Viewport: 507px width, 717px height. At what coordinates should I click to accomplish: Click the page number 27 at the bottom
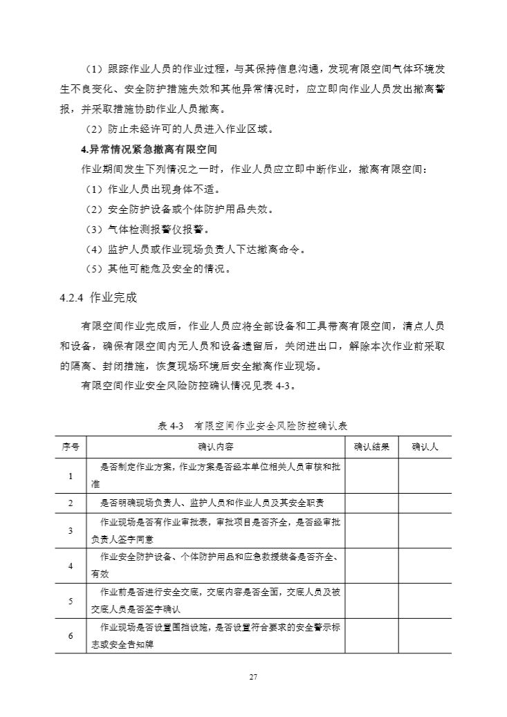(x=253, y=678)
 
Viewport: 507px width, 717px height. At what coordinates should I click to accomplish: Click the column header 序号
(x=71, y=447)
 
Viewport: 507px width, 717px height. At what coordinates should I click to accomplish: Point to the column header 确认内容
(x=215, y=447)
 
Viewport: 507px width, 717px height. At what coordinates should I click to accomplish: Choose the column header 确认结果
(x=371, y=447)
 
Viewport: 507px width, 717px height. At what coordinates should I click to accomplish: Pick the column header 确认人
(x=425, y=447)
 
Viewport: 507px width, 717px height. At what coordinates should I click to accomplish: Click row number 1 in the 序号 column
(x=71, y=476)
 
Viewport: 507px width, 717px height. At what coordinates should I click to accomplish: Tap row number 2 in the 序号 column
(x=71, y=503)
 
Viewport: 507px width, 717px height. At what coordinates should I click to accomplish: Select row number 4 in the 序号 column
(x=71, y=566)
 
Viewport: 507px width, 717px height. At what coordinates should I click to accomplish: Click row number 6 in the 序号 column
(x=71, y=636)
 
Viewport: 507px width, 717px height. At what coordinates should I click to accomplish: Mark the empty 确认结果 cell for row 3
(x=371, y=531)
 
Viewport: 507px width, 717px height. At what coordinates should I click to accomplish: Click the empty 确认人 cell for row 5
(x=425, y=602)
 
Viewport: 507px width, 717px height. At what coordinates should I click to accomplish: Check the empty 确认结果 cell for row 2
(x=371, y=503)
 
